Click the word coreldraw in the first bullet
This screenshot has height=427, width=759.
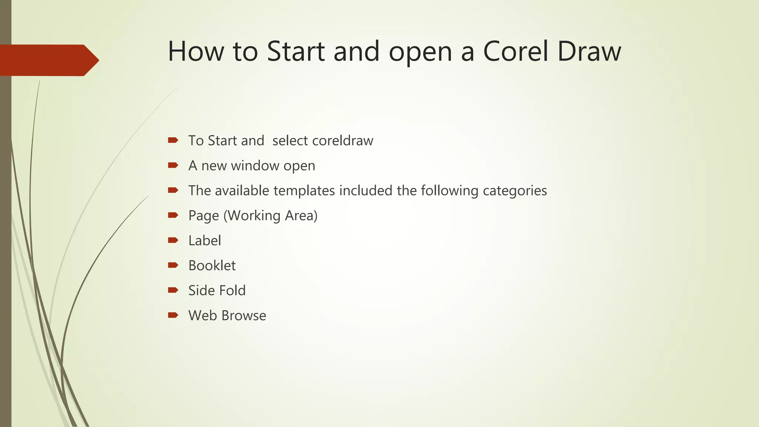coord(342,141)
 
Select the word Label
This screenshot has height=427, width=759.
coord(205,241)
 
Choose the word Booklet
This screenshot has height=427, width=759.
coord(212,265)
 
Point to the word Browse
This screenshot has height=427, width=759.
coord(244,315)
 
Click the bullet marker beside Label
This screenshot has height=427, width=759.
coord(173,241)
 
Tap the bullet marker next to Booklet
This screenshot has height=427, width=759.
coord(173,265)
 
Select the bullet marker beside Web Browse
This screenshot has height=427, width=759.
coord(173,315)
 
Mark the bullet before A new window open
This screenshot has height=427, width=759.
coord(173,165)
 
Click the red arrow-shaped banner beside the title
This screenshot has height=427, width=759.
coord(48,60)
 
